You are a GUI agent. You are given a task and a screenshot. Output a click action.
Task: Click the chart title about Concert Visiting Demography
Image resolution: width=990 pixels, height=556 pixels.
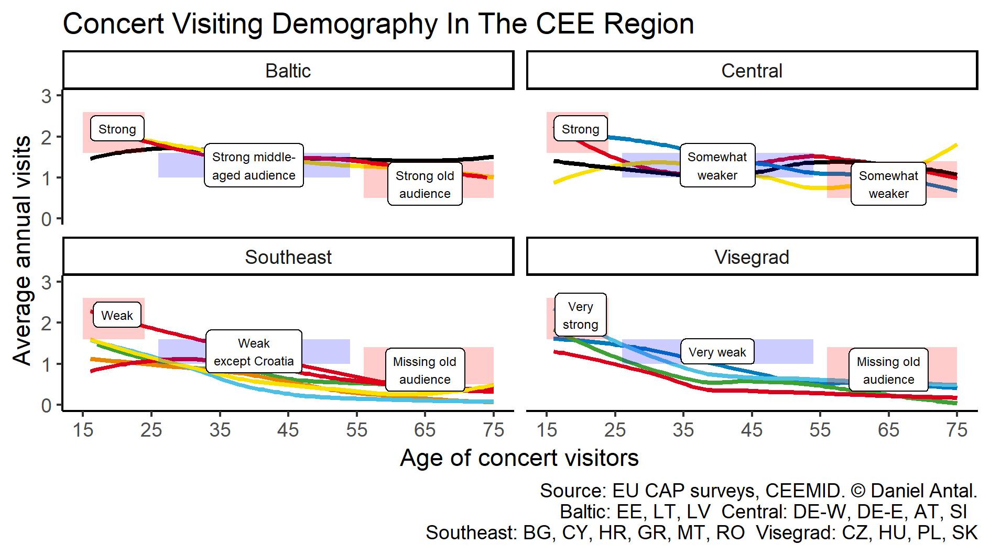point(378,24)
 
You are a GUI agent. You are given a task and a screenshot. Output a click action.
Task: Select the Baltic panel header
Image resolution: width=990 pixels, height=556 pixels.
point(288,71)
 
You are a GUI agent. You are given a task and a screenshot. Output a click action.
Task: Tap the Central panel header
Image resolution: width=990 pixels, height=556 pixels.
point(752,71)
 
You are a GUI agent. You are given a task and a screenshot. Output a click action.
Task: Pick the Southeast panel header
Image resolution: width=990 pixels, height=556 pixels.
point(288,257)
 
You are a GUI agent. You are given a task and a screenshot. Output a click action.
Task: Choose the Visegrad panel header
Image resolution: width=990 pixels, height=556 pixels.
point(752,257)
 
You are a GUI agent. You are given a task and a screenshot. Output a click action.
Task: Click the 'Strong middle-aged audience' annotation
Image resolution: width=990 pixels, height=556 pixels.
point(254,166)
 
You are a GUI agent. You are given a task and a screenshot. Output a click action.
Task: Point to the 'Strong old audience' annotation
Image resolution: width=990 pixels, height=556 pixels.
point(425,184)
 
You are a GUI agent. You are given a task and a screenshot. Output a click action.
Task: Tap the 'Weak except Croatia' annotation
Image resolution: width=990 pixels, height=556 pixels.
point(254,352)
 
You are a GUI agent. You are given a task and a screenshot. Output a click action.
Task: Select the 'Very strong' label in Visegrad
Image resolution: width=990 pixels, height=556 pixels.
point(580,315)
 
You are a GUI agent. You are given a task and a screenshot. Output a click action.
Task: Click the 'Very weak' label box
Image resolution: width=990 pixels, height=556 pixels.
point(717,352)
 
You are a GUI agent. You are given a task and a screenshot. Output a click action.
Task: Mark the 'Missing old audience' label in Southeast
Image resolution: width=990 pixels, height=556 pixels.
point(425,370)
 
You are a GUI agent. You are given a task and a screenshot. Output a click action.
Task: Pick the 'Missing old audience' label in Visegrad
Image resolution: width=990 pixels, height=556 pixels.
point(888,370)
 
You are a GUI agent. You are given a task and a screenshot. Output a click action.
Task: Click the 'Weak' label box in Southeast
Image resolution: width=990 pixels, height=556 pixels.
point(117,315)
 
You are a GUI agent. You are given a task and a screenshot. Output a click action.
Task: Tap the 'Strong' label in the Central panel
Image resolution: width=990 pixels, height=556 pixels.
point(580,129)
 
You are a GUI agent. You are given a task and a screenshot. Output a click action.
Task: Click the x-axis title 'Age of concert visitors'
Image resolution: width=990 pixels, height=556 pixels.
point(519,458)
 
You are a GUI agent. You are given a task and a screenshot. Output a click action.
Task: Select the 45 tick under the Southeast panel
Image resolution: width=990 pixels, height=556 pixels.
point(288,430)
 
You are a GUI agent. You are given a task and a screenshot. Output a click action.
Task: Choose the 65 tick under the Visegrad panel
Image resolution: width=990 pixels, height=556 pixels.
point(888,430)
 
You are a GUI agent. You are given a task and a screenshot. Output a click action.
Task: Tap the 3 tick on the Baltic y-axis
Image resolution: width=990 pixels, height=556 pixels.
point(47,96)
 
